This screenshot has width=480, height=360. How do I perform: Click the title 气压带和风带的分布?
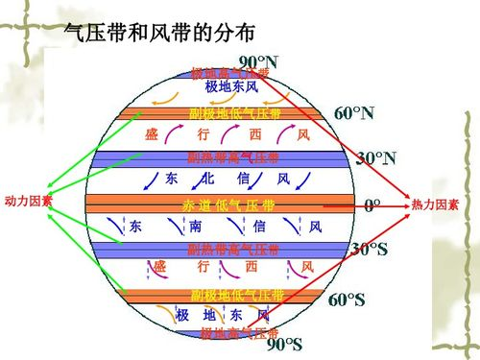158,32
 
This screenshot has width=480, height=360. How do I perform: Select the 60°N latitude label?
353,112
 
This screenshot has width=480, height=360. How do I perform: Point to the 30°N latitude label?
377,157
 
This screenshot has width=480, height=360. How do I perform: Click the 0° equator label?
372,204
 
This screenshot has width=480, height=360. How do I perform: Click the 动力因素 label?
28,202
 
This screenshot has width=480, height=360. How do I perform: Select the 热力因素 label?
435,205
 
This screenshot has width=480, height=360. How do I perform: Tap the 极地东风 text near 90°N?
231,87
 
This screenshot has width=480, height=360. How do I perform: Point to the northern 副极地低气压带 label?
235,114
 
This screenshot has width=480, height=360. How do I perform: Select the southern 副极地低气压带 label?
237,295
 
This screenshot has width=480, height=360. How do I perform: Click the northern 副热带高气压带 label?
233,158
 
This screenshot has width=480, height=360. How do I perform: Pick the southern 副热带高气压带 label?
233,251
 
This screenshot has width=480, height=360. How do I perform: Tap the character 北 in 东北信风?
207,180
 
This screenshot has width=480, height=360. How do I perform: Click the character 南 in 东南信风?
195,228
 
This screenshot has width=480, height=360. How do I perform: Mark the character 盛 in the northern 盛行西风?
152,133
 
